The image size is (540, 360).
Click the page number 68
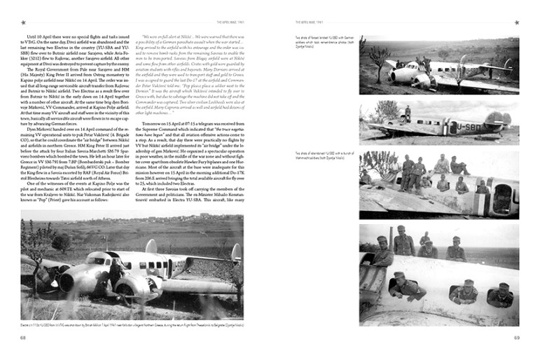pos(23,339)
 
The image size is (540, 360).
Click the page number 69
pos(516,339)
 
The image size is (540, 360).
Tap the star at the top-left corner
pos(23,22)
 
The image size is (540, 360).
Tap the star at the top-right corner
pos(516,22)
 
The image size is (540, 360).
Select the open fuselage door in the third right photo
pos(502,198)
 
